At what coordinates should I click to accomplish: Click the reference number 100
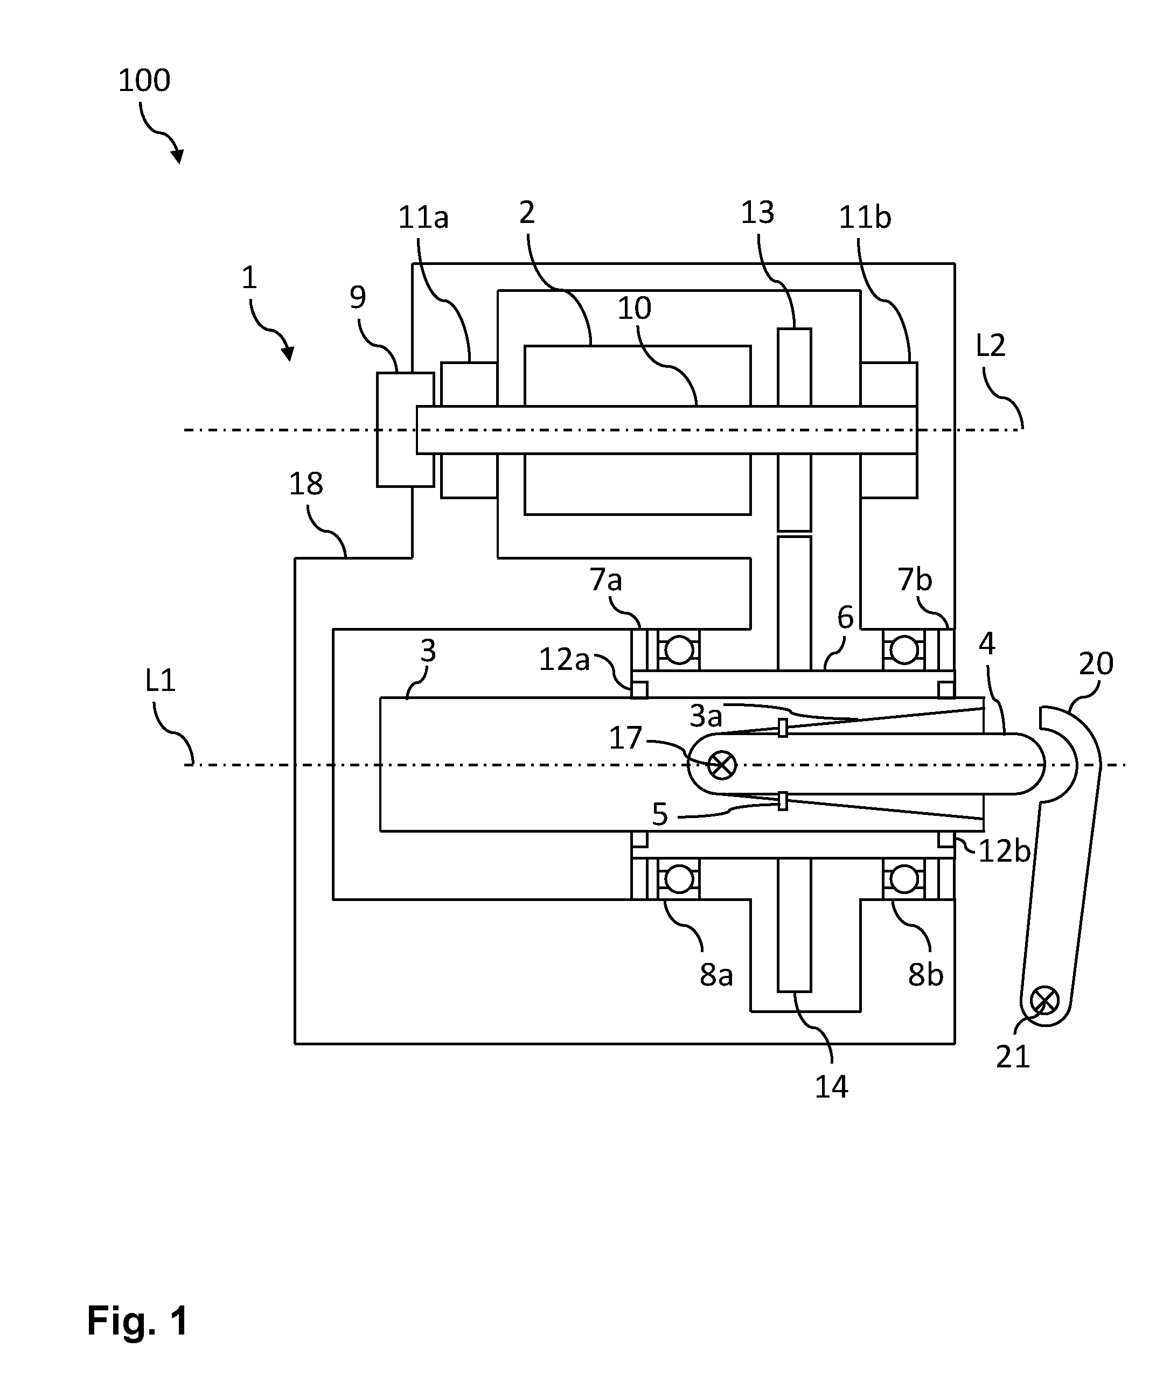[144, 80]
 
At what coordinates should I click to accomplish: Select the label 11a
[423, 218]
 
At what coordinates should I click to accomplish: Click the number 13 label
[757, 213]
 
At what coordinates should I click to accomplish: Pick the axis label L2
[990, 346]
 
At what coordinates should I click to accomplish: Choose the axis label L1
[160, 680]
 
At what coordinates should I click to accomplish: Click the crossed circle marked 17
[722, 765]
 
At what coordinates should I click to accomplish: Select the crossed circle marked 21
[1044, 1001]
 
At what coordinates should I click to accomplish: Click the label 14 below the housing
[831, 1087]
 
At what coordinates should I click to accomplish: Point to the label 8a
[716, 975]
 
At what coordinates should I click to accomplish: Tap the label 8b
[925, 975]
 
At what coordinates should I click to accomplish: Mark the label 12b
[1004, 851]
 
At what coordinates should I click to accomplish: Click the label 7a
[605, 580]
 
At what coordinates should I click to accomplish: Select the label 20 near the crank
[1096, 663]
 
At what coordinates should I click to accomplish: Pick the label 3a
[706, 716]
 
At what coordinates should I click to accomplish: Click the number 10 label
[635, 308]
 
